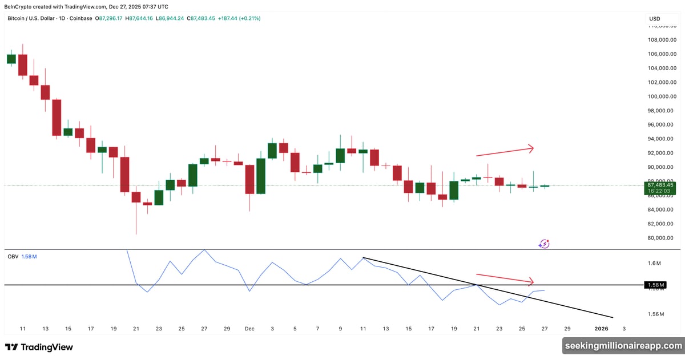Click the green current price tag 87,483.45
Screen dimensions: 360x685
pos(660,185)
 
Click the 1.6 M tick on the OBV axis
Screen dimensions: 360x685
pos(655,264)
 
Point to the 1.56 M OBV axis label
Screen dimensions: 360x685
pos(655,314)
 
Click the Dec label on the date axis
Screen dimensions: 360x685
pos(249,329)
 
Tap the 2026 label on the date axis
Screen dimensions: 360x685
pos(601,329)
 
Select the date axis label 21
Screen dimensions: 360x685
pos(136,329)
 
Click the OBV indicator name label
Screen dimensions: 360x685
pos(12,257)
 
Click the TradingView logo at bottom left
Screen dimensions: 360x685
pos(39,347)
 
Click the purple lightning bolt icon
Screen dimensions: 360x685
pos(544,244)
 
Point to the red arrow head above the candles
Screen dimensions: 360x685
pos(531,148)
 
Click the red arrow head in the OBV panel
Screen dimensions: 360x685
pos(531,281)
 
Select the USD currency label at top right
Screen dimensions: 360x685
pos(654,19)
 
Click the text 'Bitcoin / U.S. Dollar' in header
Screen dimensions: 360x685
pos(34,18)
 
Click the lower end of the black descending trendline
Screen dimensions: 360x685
pos(612,317)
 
